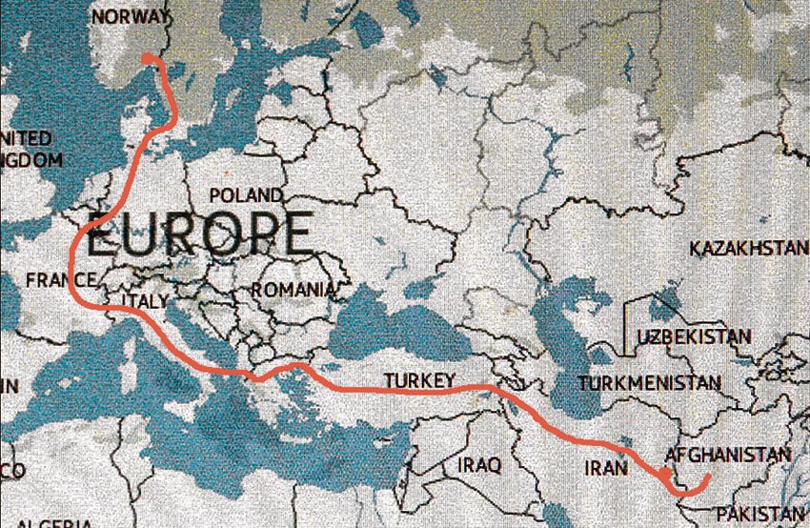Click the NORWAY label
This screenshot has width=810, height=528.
coord(132,17)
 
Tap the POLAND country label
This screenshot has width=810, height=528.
coord(246,195)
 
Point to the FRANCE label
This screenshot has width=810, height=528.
coord(61,279)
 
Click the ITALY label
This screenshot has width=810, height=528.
coord(145,301)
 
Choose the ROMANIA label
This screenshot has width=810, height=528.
coord(294,289)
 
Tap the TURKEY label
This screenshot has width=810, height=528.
coord(419,381)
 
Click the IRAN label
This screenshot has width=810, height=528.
coord(607,468)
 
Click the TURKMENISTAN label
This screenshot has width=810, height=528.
coord(649,383)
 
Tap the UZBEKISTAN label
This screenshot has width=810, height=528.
coord(693,337)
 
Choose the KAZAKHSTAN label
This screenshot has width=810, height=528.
coord(748,249)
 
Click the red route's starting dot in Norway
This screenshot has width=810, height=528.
coord(148,59)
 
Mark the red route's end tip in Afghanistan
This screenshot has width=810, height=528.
coord(709,477)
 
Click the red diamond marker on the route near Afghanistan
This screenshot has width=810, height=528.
coord(664,474)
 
